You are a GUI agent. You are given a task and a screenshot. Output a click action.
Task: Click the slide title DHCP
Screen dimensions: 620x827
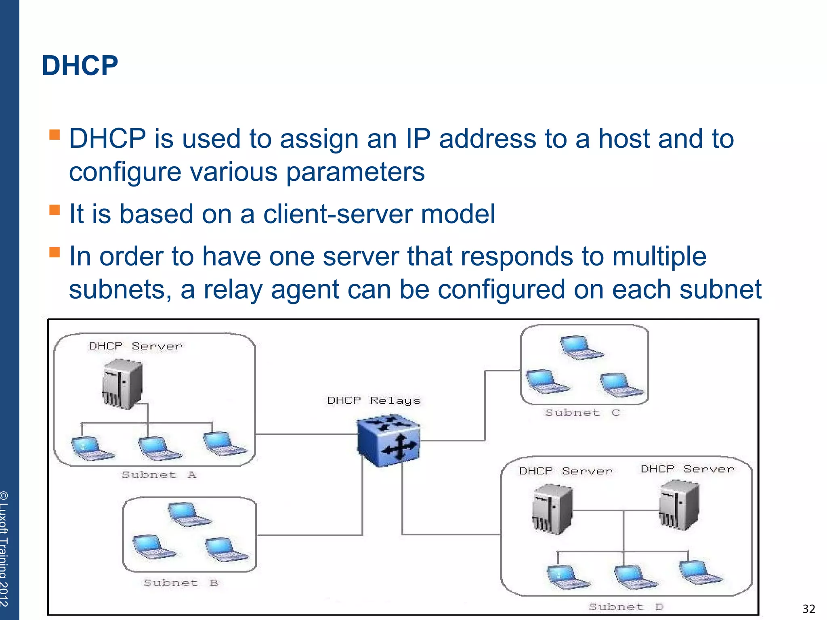[x=80, y=65]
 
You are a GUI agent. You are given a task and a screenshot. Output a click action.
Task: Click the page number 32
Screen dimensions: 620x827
[x=808, y=609]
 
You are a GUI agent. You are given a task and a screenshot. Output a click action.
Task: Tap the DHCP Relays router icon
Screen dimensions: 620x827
[x=388, y=441]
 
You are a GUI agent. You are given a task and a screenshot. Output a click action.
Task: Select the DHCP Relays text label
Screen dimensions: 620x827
[x=374, y=400]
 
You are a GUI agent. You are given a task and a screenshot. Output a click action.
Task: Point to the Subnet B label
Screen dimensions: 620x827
[x=181, y=583]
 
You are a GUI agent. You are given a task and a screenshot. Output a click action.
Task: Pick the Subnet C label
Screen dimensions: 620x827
[x=582, y=413]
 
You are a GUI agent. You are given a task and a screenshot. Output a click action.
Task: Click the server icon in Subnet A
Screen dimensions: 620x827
[x=122, y=384]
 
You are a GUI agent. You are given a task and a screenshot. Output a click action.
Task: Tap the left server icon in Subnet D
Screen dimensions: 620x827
[x=552, y=510]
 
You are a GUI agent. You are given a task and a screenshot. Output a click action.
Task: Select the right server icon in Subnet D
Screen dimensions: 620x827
[x=678, y=505]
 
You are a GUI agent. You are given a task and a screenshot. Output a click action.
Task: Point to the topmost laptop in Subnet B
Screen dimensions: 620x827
[x=188, y=514]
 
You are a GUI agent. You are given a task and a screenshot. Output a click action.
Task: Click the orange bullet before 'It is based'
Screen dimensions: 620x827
[x=55, y=210]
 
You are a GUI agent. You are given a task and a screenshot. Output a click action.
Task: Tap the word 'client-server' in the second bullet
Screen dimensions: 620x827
[x=338, y=214]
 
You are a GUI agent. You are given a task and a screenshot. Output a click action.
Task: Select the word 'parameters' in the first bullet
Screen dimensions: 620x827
[x=355, y=172]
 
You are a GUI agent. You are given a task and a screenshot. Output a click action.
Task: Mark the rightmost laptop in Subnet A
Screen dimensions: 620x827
[x=223, y=444]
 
